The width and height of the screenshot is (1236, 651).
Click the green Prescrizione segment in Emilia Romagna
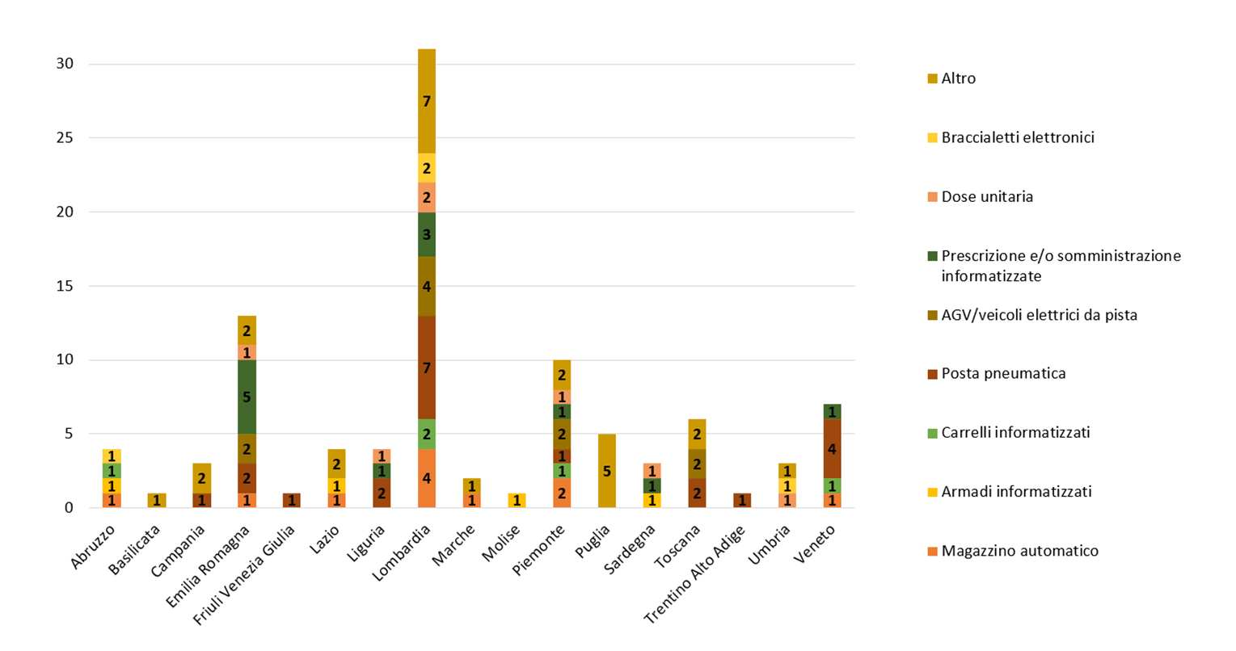tap(247, 397)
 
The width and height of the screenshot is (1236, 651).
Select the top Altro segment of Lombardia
tap(426, 101)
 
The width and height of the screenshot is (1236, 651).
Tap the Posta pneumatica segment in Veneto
tap(832, 448)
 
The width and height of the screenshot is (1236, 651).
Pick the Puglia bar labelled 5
tap(606, 471)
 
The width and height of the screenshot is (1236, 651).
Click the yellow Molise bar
tap(517, 501)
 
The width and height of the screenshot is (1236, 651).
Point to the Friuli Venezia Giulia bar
tap(292, 501)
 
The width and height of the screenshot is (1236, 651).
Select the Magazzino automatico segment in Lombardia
tap(426, 478)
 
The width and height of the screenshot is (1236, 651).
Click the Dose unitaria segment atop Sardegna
tap(652, 471)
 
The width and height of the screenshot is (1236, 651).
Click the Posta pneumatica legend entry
tap(1002, 374)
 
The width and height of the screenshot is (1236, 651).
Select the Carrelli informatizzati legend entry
tap(1015, 433)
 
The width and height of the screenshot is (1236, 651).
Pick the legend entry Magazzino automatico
tap(1019, 551)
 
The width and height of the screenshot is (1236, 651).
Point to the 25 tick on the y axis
tap(65, 138)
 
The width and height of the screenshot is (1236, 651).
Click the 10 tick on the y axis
tap(65, 360)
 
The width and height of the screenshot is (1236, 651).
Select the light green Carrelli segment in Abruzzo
tap(112, 471)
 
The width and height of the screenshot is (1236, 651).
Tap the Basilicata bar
tap(157, 501)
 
